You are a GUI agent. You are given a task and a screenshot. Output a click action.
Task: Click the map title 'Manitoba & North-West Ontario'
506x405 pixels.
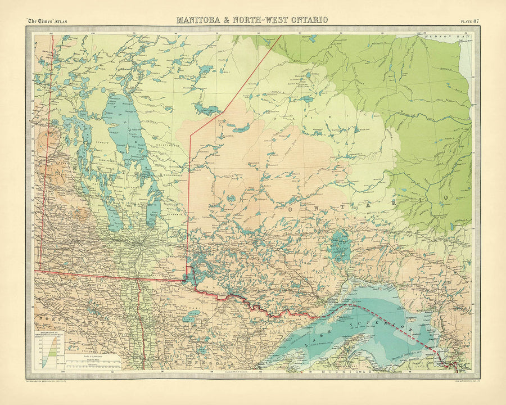pyautogui.click(x=252, y=20)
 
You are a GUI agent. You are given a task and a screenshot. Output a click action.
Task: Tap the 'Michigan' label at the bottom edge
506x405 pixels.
pyautogui.click(x=343, y=372)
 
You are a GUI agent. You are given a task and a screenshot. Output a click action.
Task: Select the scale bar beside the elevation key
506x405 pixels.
pyautogui.click(x=93, y=360)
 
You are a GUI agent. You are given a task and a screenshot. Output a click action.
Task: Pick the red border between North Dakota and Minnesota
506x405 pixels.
pyautogui.click(x=140, y=326)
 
